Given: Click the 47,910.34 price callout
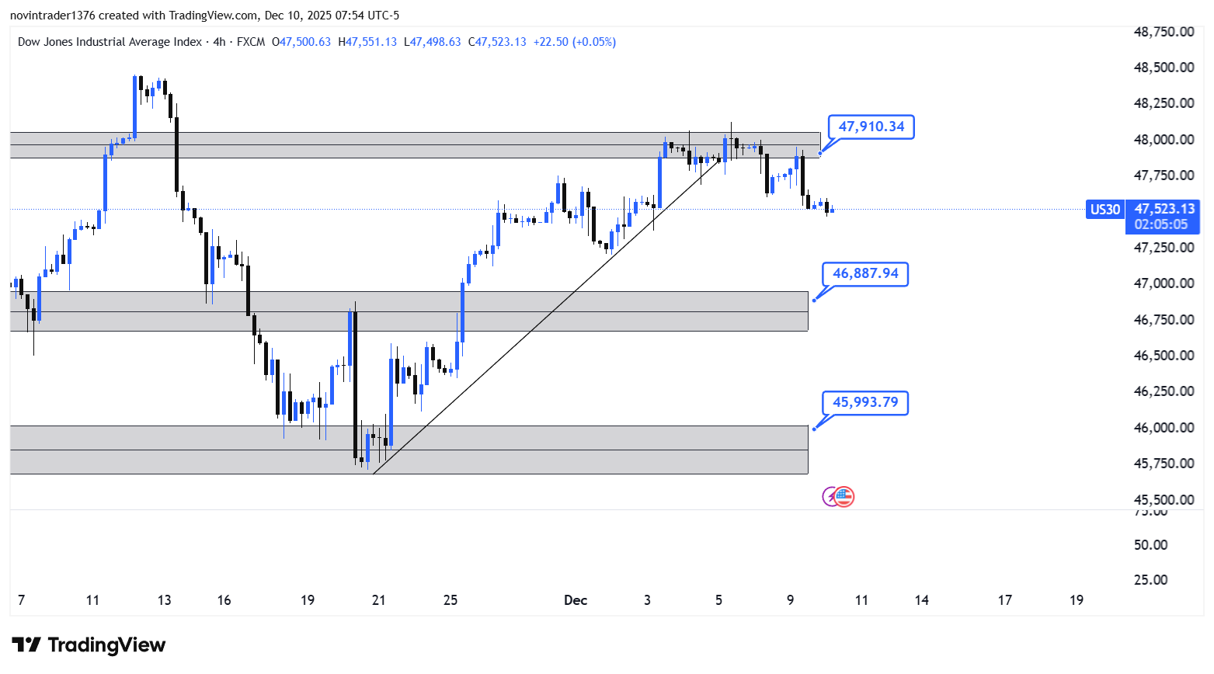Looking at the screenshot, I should coord(871,127).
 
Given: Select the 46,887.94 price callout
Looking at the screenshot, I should coord(865,273).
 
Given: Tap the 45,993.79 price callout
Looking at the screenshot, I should coord(865,402).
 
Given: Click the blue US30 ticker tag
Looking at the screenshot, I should coord(1105,209).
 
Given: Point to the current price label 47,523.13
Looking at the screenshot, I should coord(1164,208).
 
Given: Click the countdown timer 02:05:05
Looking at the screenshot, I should coord(1160,224).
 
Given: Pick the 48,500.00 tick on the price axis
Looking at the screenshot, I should coord(1164,68).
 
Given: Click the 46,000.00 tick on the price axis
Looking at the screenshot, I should coord(1164,428).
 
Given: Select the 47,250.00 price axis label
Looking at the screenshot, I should coord(1164,248).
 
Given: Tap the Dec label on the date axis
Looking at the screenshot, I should coord(576,600).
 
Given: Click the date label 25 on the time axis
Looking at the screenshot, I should coord(450,600).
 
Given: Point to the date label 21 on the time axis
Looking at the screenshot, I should coord(379,600).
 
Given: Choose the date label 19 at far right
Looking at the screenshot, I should coord(1077,600).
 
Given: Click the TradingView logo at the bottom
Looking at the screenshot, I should coord(89,645).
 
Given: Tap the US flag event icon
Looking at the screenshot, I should coord(844,497).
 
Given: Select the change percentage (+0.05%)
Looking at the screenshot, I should coord(594,42).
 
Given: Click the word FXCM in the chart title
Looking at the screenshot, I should coord(251,42).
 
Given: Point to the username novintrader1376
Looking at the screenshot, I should coord(52,16).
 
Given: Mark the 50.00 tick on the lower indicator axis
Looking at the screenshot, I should coord(1150,545).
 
